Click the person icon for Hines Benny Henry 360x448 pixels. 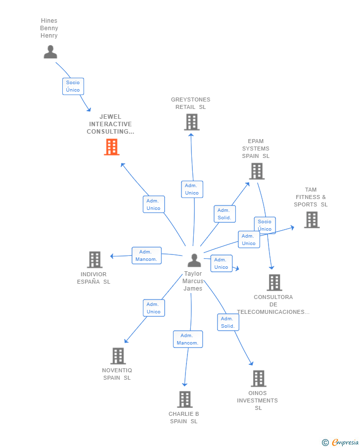50,52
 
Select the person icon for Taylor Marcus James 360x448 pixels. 194,260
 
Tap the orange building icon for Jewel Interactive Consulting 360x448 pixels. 112,147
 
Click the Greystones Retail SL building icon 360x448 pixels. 191,122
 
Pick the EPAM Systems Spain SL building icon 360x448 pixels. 256,171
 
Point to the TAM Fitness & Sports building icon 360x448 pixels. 312,220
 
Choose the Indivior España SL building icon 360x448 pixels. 94,259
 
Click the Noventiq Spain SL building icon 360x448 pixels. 118,356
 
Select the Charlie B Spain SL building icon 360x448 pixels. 184,399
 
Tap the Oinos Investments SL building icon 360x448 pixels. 258,379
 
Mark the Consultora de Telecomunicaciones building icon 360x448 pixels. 274,283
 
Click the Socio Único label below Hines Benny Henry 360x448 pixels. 73,86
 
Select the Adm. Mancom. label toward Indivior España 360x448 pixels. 146,255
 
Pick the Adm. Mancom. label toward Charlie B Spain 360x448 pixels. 187,339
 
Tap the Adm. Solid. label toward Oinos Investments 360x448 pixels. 228,322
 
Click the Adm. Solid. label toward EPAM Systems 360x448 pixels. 224,214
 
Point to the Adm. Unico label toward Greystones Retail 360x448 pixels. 192,189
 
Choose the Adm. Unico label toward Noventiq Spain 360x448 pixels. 153,308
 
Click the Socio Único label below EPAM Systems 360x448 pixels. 265,225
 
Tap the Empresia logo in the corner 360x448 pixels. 341,442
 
